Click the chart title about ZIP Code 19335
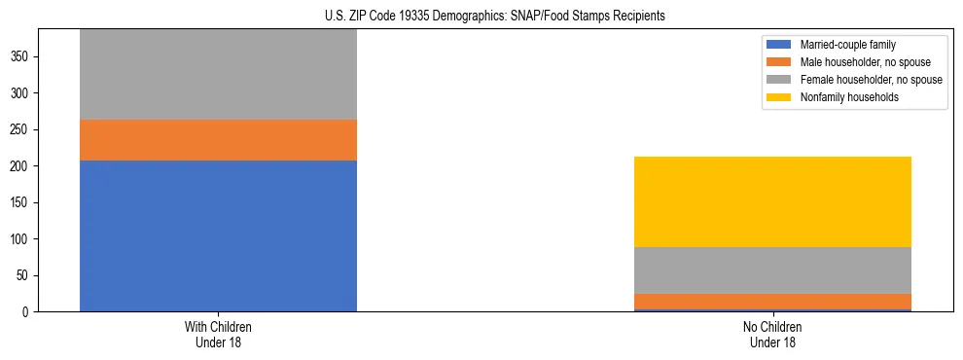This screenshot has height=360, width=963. [x=494, y=16]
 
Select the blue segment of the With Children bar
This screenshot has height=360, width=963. [x=218, y=235]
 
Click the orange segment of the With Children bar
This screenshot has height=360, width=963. [x=218, y=140]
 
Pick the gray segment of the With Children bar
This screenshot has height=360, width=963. [x=218, y=75]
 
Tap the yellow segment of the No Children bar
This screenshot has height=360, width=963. [x=772, y=201]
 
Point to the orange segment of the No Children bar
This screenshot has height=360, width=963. [x=772, y=302]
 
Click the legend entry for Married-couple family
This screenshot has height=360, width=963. [x=846, y=45]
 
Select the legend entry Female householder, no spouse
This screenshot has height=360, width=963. [x=871, y=80]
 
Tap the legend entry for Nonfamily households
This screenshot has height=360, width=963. [x=847, y=97]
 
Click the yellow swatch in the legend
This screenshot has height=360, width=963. [x=779, y=97]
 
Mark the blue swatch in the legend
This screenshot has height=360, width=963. [x=779, y=45]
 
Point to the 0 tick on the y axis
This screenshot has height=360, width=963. [x=26, y=312]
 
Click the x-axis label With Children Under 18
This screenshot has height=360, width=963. [x=218, y=335]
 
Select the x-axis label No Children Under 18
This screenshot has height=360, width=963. [x=772, y=335]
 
